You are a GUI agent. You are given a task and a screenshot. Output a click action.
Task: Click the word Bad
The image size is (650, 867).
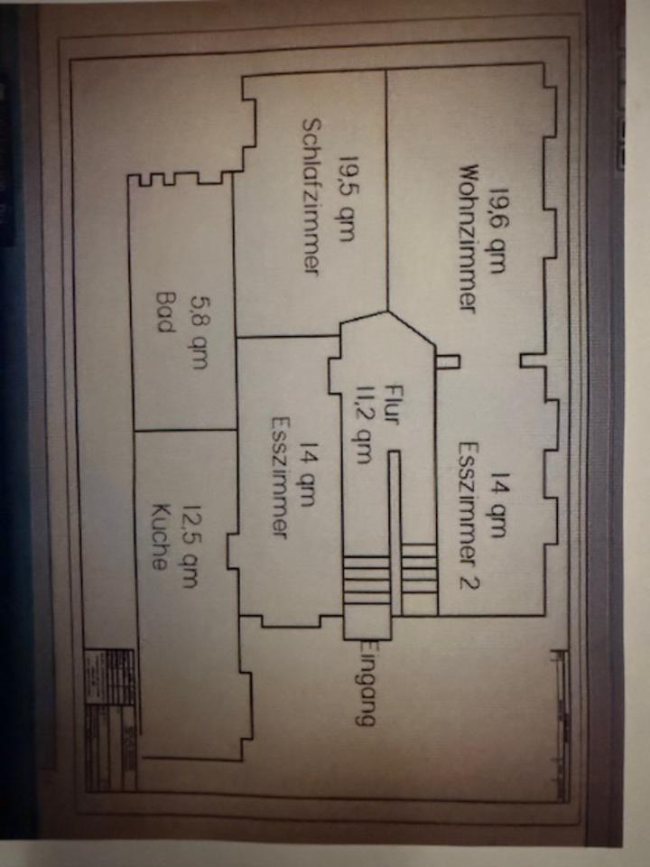[x=164, y=312]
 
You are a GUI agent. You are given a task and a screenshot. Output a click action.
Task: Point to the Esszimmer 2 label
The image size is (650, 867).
[x=467, y=515]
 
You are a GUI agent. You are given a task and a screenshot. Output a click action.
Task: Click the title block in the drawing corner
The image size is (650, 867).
[x=110, y=706]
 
